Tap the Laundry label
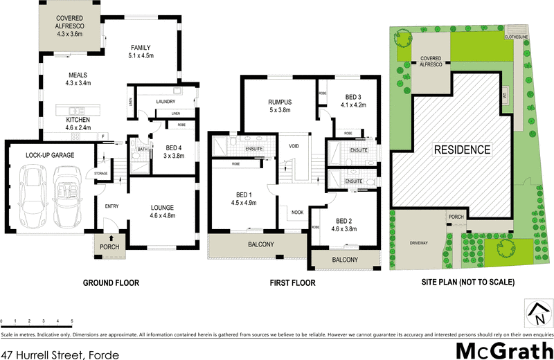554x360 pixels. coord(166,102)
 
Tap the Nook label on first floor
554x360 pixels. coord(298,213)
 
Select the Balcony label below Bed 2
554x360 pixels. coord(345,260)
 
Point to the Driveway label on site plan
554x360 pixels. coord(419,242)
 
